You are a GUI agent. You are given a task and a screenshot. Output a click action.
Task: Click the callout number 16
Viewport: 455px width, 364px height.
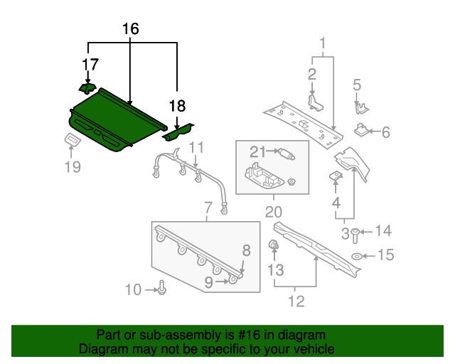click(x=131, y=29)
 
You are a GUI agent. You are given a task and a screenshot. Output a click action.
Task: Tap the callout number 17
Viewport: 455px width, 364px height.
click(x=90, y=65)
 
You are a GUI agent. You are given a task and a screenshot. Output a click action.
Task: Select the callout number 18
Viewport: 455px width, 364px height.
click(x=177, y=106)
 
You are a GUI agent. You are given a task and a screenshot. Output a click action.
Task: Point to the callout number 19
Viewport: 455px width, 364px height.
click(x=73, y=167)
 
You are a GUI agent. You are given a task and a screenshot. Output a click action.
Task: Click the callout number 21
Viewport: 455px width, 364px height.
click(x=257, y=151)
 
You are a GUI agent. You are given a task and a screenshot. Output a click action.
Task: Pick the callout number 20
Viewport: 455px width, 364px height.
click(x=273, y=212)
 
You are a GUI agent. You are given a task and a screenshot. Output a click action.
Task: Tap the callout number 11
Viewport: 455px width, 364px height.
click(x=196, y=148)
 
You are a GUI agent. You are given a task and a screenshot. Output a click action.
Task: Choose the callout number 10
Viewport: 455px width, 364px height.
click(x=133, y=289)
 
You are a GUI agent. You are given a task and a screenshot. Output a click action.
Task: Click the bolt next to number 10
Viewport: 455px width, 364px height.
click(x=162, y=287)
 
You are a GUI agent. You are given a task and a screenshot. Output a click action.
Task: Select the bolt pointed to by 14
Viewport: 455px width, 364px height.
click(x=355, y=236)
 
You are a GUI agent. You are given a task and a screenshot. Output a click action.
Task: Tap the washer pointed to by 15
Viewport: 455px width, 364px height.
click(x=356, y=257)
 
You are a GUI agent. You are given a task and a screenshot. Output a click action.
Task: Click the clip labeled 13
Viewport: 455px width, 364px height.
click(x=274, y=245)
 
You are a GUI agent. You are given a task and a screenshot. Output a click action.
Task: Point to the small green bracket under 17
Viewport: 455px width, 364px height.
click(x=87, y=88)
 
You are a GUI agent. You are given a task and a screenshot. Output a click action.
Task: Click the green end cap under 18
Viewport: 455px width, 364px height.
click(x=178, y=132)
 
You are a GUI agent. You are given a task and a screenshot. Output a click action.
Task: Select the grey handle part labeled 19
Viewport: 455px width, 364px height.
click(x=73, y=139)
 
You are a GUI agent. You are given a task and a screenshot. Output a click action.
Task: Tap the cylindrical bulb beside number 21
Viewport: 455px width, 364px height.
click(x=287, y=154)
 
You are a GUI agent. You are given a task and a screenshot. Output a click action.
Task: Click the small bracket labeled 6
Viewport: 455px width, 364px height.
click(x=361, y=129)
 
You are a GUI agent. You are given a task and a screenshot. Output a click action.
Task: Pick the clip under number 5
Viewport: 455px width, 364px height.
click(x=362, y=108)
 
